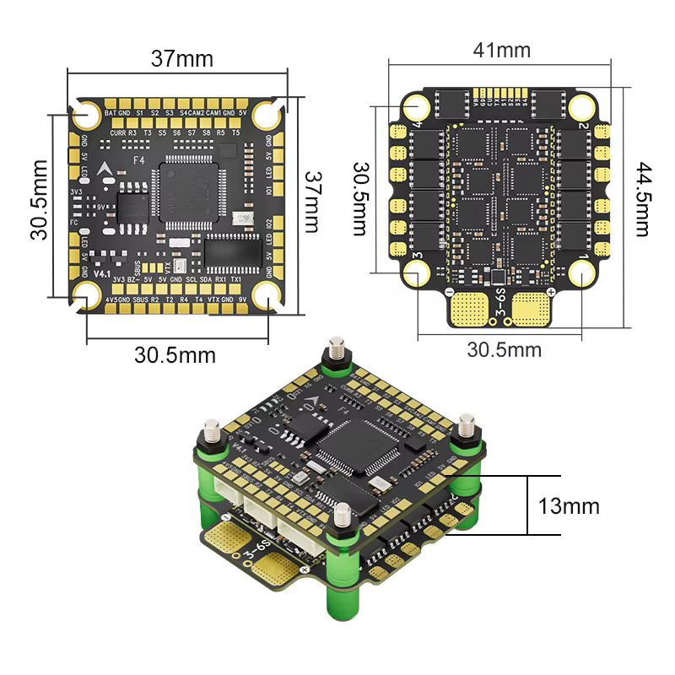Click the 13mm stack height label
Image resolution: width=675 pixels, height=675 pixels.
coord(569,506)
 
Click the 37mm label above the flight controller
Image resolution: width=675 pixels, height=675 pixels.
coord(181,59)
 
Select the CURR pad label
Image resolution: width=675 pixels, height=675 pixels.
coord(116,133)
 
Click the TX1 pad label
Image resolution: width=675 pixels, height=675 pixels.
coord(236,279)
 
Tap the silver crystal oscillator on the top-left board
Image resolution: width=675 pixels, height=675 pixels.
coord(246,221)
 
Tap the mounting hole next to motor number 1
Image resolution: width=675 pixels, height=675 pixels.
coord(581,273)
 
